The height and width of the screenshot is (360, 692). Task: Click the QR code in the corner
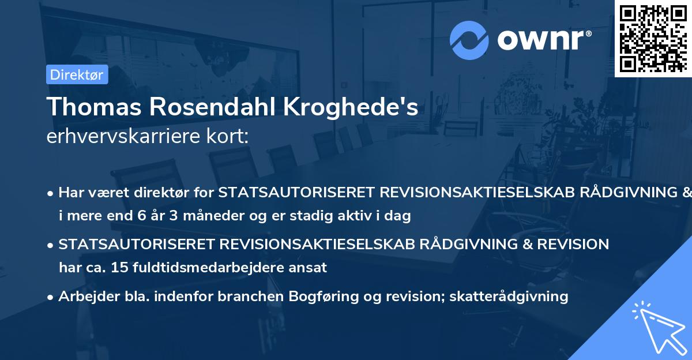click(x=653, y=38)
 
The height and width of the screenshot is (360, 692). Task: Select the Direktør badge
click(x=77, y=74)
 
